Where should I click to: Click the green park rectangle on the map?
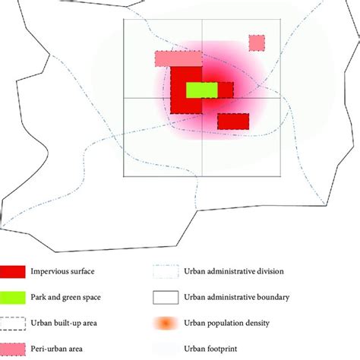coord(201,90)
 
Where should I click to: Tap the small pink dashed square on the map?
coord(257,43)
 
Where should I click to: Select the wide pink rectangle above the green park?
coord(178,59)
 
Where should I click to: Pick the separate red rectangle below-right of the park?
coord(233,121)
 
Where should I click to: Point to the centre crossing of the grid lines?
coord(202,97)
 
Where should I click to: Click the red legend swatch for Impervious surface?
coord(14,271)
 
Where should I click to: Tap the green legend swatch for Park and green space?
coord(14,296)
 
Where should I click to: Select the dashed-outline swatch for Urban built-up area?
coord(14,322)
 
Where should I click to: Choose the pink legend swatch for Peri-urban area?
coord(14,349)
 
